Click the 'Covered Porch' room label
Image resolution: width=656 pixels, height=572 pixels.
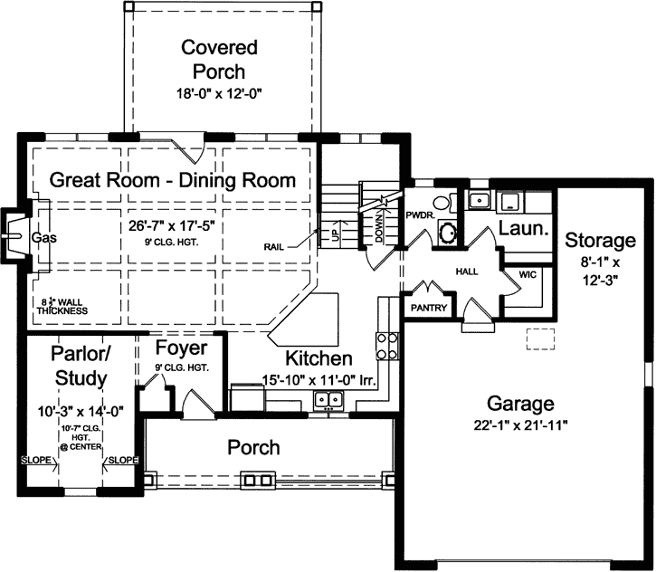[x=219, y=59]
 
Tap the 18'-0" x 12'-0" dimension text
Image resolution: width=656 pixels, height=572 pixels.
[x=219, y=93]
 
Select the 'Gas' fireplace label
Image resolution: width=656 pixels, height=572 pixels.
[x=44, y=237]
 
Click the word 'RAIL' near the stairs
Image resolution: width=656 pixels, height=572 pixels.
[x=278, y=245]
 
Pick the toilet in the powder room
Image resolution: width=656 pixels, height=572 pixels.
[x=441, y=205]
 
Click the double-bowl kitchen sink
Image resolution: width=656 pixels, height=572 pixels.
[x=328, y=400]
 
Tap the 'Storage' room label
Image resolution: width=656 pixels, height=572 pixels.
[x=600, y=241]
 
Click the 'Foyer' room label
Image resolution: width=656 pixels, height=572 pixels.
[x=181, y=348]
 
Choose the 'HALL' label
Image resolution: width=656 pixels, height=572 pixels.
[x=468, y=272]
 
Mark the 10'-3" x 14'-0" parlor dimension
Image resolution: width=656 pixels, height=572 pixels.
[x=80, y=409]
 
